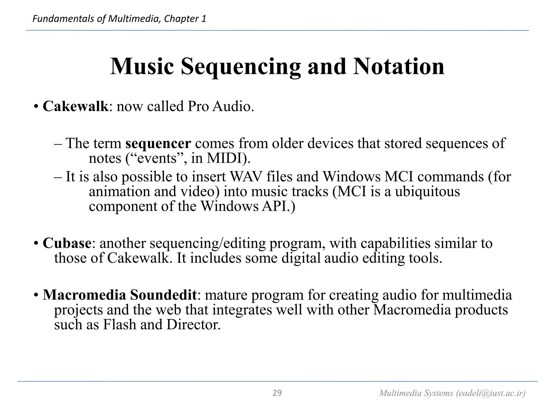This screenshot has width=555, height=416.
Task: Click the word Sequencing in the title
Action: click(241, 67)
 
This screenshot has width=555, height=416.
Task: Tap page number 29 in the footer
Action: click(277, 393)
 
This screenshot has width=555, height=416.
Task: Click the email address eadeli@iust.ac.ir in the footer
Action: click(491, 393)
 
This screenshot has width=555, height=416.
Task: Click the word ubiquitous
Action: click(427, 191)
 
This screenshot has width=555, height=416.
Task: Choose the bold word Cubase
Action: click(67, 243)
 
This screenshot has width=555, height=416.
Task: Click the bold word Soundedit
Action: click(163, 295)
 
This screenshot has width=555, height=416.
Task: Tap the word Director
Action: click(193, 324)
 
